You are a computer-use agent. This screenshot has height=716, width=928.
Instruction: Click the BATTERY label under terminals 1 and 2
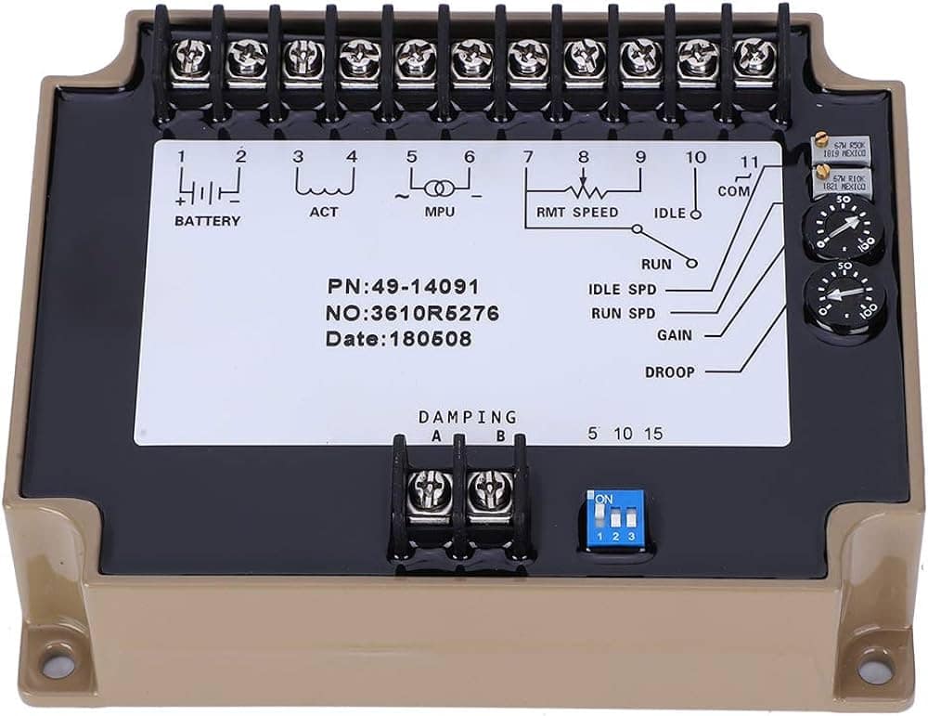tap(207, 221)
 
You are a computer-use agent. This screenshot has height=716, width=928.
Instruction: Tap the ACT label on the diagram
tap(324, 212)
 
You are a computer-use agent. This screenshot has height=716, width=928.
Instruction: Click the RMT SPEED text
tap(577, 213)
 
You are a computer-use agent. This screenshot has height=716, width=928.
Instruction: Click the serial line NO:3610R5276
tap(412, 314)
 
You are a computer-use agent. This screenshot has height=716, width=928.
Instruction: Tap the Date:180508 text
tap(398, 339)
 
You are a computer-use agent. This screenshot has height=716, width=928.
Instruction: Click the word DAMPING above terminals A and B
tap(467, 417)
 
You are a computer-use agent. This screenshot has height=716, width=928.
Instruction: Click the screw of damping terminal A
tap(431, 488)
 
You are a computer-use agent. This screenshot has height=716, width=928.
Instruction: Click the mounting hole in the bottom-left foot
tap(58, 664)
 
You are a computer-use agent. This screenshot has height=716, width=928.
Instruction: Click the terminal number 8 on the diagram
tap(583, 157)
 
